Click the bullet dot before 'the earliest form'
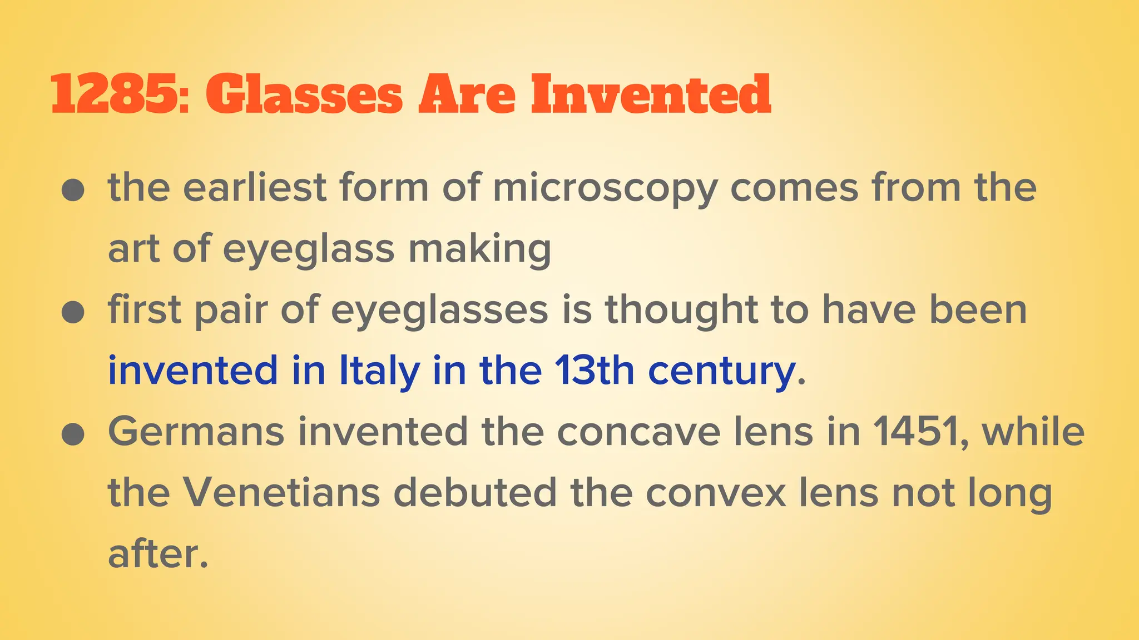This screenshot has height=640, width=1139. (73, 191)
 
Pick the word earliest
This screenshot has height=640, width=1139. (254, 187)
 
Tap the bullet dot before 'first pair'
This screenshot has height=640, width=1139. (73, 312)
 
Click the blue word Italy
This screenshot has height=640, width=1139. (379, 371)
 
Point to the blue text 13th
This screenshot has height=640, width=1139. (594, 371)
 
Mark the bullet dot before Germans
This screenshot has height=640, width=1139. (73, 434)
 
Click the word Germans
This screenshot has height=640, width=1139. (196, 432)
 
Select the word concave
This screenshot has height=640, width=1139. (638, 432)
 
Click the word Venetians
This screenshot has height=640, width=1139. (281, 493)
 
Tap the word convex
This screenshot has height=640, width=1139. (716, 493)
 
